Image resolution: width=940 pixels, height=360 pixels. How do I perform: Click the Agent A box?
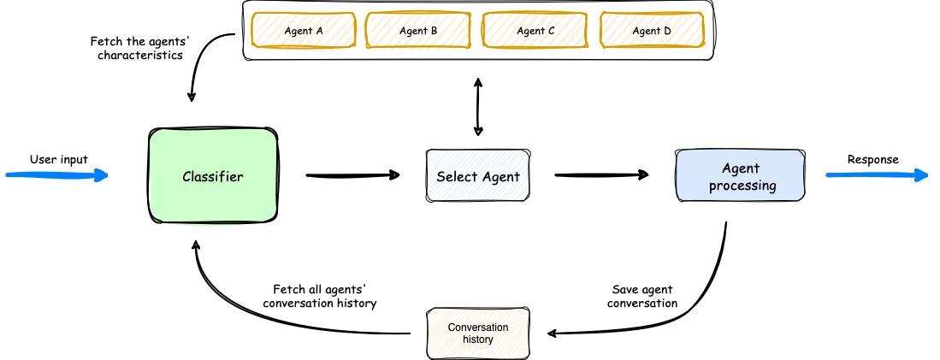[303, 31]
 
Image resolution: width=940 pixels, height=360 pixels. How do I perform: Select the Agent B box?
[418, 31]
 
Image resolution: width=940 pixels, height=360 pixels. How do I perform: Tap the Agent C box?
[535, 31]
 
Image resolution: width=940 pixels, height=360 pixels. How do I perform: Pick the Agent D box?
[652, 31]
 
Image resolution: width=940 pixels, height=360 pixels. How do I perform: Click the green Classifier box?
[213, 177]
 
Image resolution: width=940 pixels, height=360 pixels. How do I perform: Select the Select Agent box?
[477, 177]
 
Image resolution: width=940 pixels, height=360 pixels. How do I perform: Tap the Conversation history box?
[477, 333]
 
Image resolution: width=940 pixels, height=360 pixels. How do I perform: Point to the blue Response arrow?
[877, 176]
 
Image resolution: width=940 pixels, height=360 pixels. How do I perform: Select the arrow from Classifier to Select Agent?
[352, 176]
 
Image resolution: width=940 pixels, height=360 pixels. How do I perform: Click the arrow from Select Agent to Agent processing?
[601, 176]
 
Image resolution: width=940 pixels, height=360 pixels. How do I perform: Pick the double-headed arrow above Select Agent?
[477, 106]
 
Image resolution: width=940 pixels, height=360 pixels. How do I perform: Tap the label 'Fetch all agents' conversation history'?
[320, 296]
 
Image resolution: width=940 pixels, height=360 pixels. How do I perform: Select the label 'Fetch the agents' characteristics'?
[136, 48]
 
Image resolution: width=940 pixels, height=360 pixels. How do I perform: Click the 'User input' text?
[59, 159]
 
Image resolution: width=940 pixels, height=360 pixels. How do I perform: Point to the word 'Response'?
[872, 159]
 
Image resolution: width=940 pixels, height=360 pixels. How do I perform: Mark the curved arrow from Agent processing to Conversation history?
[697, 295]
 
